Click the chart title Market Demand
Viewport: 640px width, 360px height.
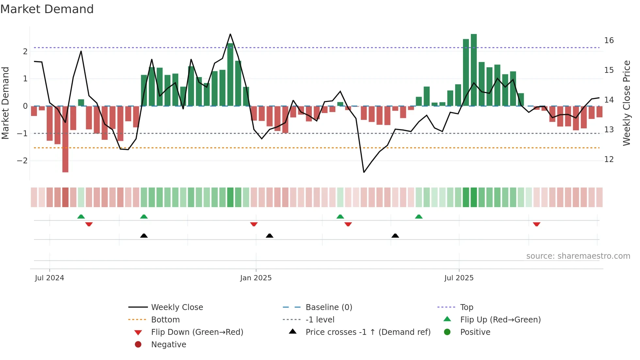[47, 9]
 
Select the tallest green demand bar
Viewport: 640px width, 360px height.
[473, 70]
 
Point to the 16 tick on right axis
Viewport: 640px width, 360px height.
[609, 41]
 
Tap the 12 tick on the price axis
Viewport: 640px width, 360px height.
[609, 159]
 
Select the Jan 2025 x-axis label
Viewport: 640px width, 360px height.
[256, 278]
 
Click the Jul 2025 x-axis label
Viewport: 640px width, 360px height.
[459, 278]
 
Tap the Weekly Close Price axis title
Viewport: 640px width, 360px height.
[626, 103]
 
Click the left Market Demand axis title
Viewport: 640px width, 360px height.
[5, 103]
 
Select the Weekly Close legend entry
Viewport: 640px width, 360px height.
[177, 307]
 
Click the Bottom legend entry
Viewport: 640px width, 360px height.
[165, 320]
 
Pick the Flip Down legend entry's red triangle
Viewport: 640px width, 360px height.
[138, 333]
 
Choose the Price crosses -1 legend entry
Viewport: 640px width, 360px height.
[368, 332]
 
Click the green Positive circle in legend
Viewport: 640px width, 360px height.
[447, 332]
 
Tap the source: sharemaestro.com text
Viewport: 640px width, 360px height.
[578, 256]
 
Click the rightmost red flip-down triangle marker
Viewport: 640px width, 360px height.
[536, 224]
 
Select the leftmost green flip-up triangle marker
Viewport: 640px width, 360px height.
[81, 217]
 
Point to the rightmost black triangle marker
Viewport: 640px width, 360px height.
[395, 236]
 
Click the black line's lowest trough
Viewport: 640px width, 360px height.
[364, 172]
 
